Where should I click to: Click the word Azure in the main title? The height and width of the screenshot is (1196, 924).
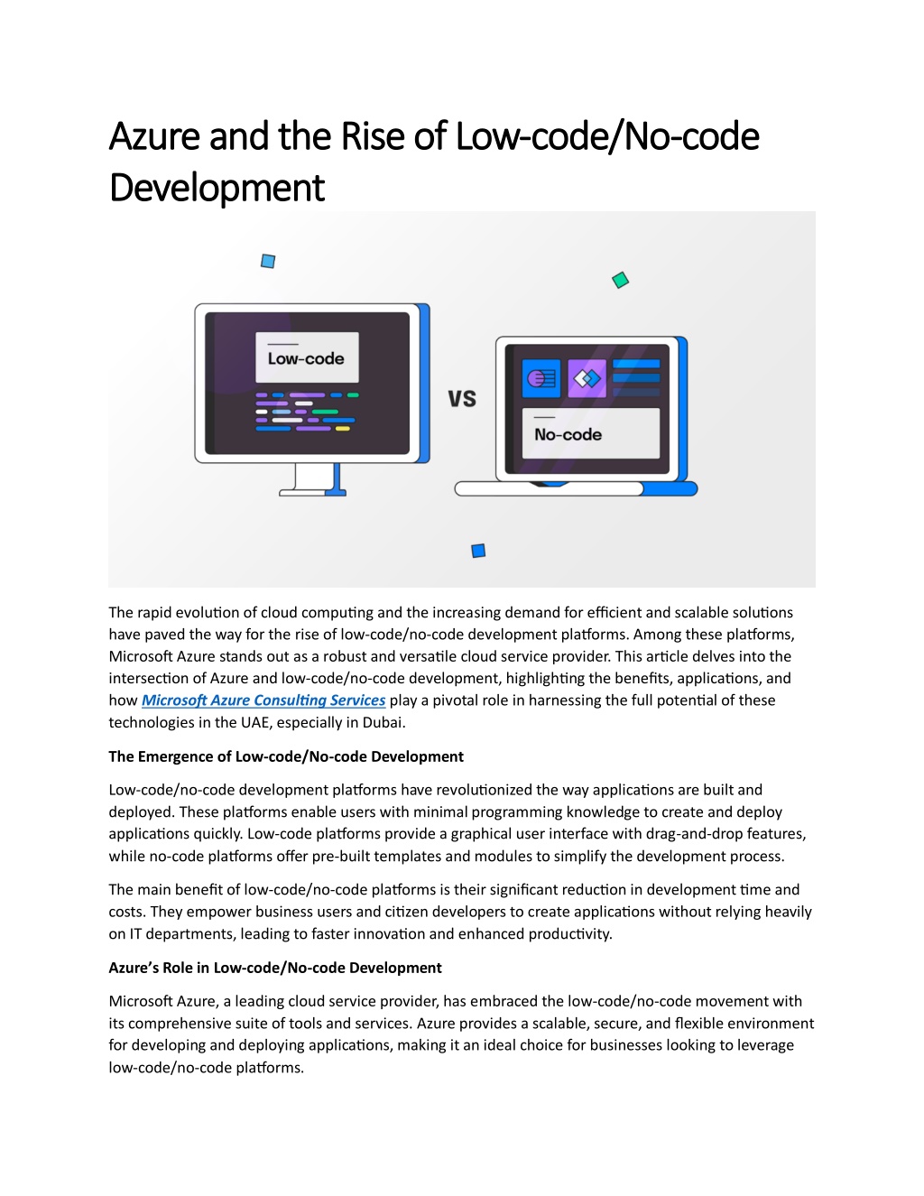coord(154,136)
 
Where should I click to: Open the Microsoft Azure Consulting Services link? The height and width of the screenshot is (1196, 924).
coord(263,700)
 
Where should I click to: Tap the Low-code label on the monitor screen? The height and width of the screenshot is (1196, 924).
coord(306,359)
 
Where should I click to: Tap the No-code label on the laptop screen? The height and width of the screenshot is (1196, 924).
coord(568,435)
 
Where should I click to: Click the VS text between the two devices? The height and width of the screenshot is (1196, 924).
coord(462,399)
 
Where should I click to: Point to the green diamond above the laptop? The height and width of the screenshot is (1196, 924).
coord(621,280)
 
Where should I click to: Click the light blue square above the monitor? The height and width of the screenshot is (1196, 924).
coord(268,261)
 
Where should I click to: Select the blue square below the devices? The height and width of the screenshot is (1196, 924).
coord(478,551)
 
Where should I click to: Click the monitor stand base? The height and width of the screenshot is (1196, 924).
coord(312,493)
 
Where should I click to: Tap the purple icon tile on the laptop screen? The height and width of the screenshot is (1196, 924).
coord(587,379)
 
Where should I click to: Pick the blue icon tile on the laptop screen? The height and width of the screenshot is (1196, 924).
coord(541,379)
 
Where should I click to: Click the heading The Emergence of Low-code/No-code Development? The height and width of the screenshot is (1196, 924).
coord(286,756)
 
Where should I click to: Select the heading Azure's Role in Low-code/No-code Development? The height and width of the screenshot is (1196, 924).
coord(275,969)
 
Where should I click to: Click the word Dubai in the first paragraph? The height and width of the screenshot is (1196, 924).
coord(383,723)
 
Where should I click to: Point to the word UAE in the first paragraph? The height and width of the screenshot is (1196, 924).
coord(255,723)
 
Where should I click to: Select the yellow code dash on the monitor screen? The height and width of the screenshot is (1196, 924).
coord(343,429)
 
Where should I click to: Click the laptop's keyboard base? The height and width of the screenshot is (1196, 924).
coord(576,488)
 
